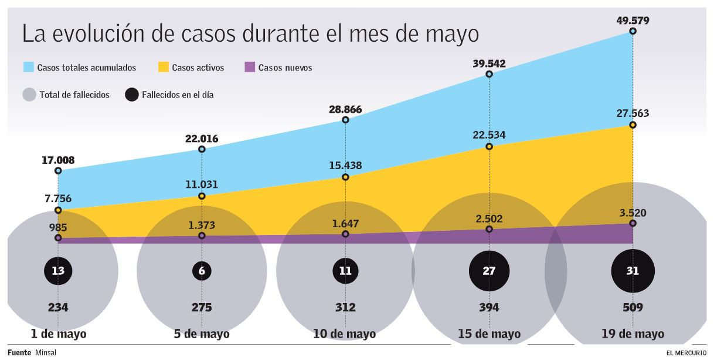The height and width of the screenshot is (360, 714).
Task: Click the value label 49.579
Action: point(633,21)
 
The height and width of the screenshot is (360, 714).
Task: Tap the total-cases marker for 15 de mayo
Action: point(489,74)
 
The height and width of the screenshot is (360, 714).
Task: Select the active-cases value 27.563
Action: point(633,113)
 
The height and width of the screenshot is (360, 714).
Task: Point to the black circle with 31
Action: point(633,271)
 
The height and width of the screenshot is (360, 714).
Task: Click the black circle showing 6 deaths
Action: point(202,271)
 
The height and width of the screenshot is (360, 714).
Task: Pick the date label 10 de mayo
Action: point(345,334)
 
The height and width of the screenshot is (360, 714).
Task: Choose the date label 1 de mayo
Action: point(58,334)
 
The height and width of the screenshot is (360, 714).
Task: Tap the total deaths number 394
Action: point(489,307)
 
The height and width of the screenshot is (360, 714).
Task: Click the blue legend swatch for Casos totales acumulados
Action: point(29,67)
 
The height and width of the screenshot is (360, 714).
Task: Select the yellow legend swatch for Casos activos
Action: point(164,67)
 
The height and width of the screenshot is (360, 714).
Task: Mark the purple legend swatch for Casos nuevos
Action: point(249,67)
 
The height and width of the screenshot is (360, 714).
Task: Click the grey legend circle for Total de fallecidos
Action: point(29,95)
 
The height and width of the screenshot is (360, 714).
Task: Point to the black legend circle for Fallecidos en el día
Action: point(132,95)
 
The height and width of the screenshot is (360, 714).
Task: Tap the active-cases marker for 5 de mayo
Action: point(202,196)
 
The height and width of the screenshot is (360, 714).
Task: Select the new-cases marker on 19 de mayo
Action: point(633,224)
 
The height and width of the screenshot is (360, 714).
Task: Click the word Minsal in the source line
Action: point(46,353)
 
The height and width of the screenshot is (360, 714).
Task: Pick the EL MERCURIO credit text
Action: point(686,353)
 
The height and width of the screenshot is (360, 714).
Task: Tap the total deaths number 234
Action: point(58,307)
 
